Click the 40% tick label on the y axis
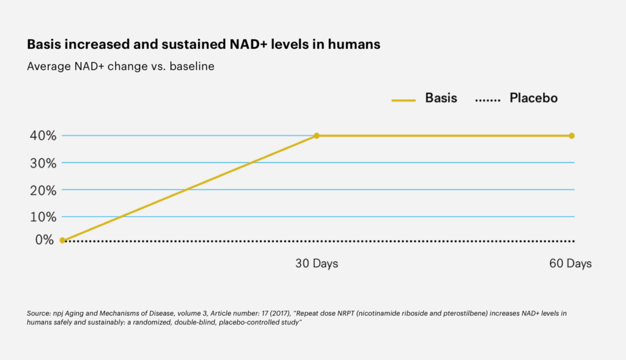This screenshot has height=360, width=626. pyautogui.click(x=42, y=136)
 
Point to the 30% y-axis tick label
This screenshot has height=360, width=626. pyautogui.click(x=42, y=163)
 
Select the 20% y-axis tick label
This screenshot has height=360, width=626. pyautogui.click(x=42, y=189)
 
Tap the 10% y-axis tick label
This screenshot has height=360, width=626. pyautogui.click(x=42, y=216)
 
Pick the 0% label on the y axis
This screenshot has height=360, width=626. pyautogui.click(x=45, y=240)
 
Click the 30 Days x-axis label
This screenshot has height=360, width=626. pyautogui.click(x=317, y=264)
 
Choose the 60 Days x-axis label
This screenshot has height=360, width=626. pyautogui.click(x=570, y=264)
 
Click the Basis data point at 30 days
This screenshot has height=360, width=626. pyautogui.click(x=317, y=136)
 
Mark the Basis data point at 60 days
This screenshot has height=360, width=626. pyautogui.click(x=572, y=136)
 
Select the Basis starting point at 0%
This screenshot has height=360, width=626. pyautogui.click(x=62, y=240)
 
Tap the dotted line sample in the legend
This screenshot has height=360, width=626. pyautogui.click(x=488, y=99)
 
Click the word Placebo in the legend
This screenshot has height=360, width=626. pyautogui.click(x=533, y=98)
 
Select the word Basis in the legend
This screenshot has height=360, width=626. pyautogui.click(x=441, y=98)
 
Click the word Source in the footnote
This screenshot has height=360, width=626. pyautogui.click(x=37, y=314)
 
